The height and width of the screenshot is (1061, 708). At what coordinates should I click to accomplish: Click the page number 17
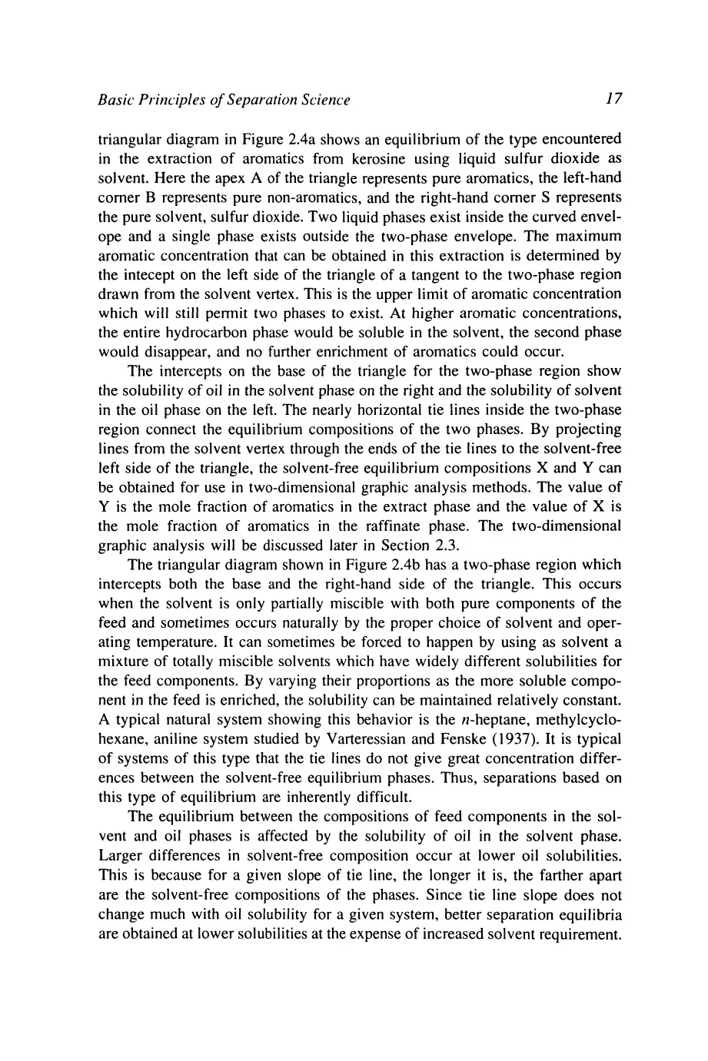click(x=613, y=99)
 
